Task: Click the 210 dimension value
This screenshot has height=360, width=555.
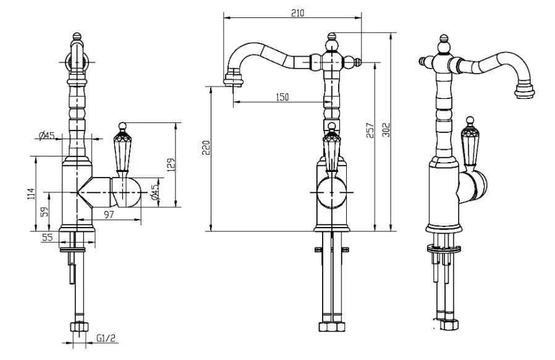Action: point(298,13)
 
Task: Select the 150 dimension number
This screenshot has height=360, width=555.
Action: point(282,97)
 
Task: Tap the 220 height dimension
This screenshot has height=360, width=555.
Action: point(206,147)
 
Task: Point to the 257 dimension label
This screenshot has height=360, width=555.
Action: point(370,131)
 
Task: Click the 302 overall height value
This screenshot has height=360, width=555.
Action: point(386,130)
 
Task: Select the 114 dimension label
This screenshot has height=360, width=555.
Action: point(31,194)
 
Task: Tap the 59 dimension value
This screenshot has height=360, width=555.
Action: point(44,212)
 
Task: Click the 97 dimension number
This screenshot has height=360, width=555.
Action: point(109,215)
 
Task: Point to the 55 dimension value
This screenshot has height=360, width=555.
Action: point(47,237)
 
